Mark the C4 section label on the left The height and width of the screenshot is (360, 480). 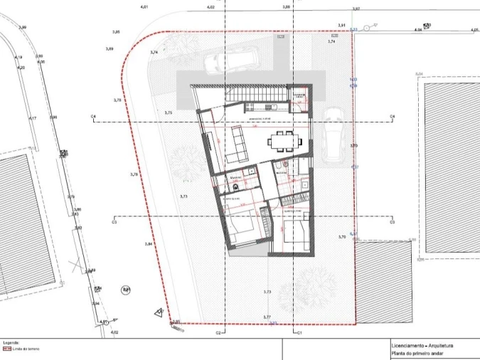[93, 116]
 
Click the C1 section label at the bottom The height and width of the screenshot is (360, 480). [300, 332]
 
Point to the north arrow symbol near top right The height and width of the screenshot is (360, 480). [368, 27]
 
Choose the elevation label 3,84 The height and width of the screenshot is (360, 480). [149, 244]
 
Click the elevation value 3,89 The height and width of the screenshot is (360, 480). [110, 48]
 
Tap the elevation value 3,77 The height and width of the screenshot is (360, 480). [267, 316]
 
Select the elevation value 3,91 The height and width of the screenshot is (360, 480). [341, 25]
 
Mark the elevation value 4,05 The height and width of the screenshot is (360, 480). [474, 30]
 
